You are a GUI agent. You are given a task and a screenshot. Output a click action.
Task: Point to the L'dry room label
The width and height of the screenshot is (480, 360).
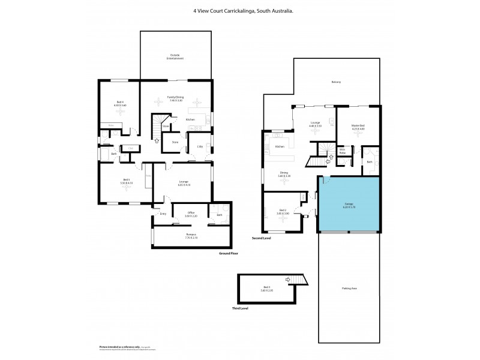tap(200, 146)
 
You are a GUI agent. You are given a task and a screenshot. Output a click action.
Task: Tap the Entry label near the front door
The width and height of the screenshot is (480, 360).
tap(163, 214)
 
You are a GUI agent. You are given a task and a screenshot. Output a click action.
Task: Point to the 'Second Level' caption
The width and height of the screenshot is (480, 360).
tap(262, 238)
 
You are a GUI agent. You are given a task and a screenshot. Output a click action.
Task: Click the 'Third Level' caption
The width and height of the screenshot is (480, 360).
tap(240, 308)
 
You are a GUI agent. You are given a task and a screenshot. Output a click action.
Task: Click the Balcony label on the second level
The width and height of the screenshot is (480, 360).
tap(336, 82)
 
